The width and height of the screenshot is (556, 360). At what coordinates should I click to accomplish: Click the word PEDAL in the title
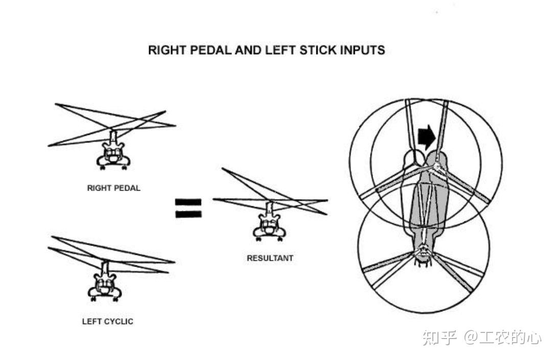coord(202,50)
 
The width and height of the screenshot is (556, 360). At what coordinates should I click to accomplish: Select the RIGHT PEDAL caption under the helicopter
coord(113,188)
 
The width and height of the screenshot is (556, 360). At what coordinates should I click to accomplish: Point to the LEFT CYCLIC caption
coord(107,321)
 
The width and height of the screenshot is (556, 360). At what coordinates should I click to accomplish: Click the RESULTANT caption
coord(270,258)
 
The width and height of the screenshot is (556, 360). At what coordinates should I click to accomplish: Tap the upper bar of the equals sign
coord(188,202)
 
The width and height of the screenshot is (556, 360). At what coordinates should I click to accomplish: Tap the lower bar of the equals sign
coord(188,214)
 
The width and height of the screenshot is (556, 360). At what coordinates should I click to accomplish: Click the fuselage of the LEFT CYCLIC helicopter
coord(105,286)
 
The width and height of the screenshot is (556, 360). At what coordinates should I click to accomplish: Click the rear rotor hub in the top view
coord(423,250)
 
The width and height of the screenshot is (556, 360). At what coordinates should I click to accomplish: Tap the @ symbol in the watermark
coord(471,338)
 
